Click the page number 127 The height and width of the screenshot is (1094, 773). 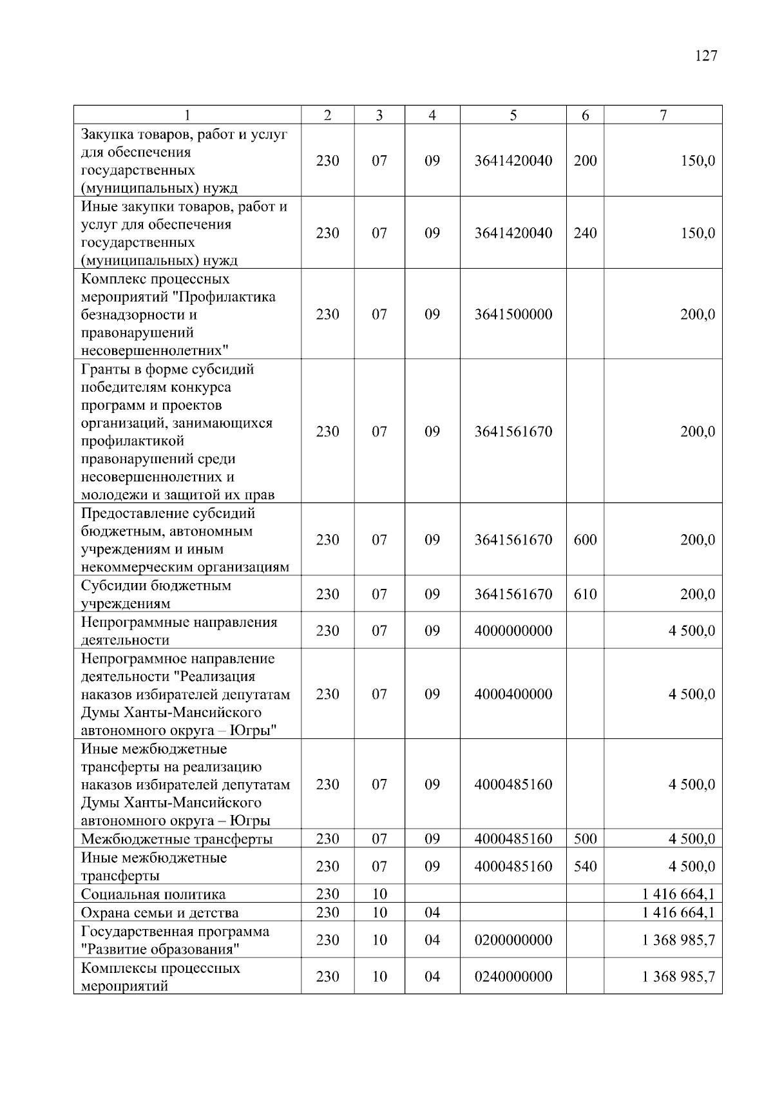(x=706, y=56)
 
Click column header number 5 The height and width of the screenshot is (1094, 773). (x=513, y=115)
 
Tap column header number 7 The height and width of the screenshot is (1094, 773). (x=663, y=115)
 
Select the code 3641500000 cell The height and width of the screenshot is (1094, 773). (x=513, y=314)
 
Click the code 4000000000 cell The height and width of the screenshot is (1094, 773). (x=513, y=631)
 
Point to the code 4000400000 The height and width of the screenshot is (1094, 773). (x=513, y=694)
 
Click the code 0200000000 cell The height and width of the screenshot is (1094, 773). (x=513, y=940)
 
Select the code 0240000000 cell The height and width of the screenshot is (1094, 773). (x=513, y=977)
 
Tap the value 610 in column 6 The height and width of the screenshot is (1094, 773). (x=585, y=594)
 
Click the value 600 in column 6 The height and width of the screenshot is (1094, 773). (x=585, y=540)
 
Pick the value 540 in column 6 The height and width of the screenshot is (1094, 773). (x=585, y=867)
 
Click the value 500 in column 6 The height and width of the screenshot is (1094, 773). (x=585, y=839)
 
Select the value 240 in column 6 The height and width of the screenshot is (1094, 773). (x=585, y=233)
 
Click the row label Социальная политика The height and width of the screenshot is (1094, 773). (x=153, y=894)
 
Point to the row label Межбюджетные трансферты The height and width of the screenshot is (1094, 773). (x=177, y=839)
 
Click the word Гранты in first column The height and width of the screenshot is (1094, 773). (x=103, y=370)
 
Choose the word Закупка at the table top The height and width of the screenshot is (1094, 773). (x=106, y=135)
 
